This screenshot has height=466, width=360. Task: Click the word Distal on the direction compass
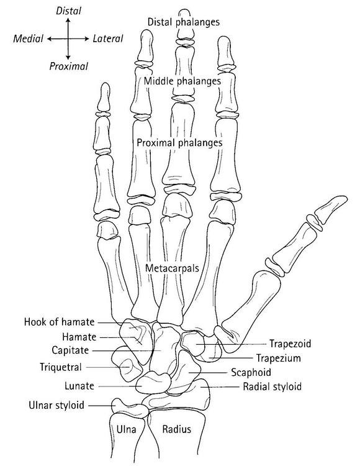(68, 11)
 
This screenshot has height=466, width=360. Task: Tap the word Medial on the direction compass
(28, 39)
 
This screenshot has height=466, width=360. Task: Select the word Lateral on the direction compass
(108, 39)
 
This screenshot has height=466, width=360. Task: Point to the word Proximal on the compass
(68, 66)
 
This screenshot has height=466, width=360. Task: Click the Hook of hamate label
(59, 322)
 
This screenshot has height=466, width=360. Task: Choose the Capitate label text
(70, 350)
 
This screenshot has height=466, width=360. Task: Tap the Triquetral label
(61, 367)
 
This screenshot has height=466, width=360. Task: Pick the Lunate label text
(79, 386)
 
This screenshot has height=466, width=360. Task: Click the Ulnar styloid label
(56, 405)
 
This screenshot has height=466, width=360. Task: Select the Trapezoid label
(290, 344)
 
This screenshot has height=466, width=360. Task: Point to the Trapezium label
(279, 358)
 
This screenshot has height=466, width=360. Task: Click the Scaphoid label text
(251, 372)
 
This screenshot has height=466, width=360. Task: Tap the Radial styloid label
(272, 386)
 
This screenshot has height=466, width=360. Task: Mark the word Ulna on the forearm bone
(127, 429)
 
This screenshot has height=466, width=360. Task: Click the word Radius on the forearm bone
(177, 429)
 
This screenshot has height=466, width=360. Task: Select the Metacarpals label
(172, 268)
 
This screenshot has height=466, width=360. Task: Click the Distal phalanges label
(184, 22)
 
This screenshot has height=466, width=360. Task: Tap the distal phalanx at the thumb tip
(330, 208)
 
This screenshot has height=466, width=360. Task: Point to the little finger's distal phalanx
(104, 97)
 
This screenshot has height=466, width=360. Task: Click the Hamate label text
(79, 337)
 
